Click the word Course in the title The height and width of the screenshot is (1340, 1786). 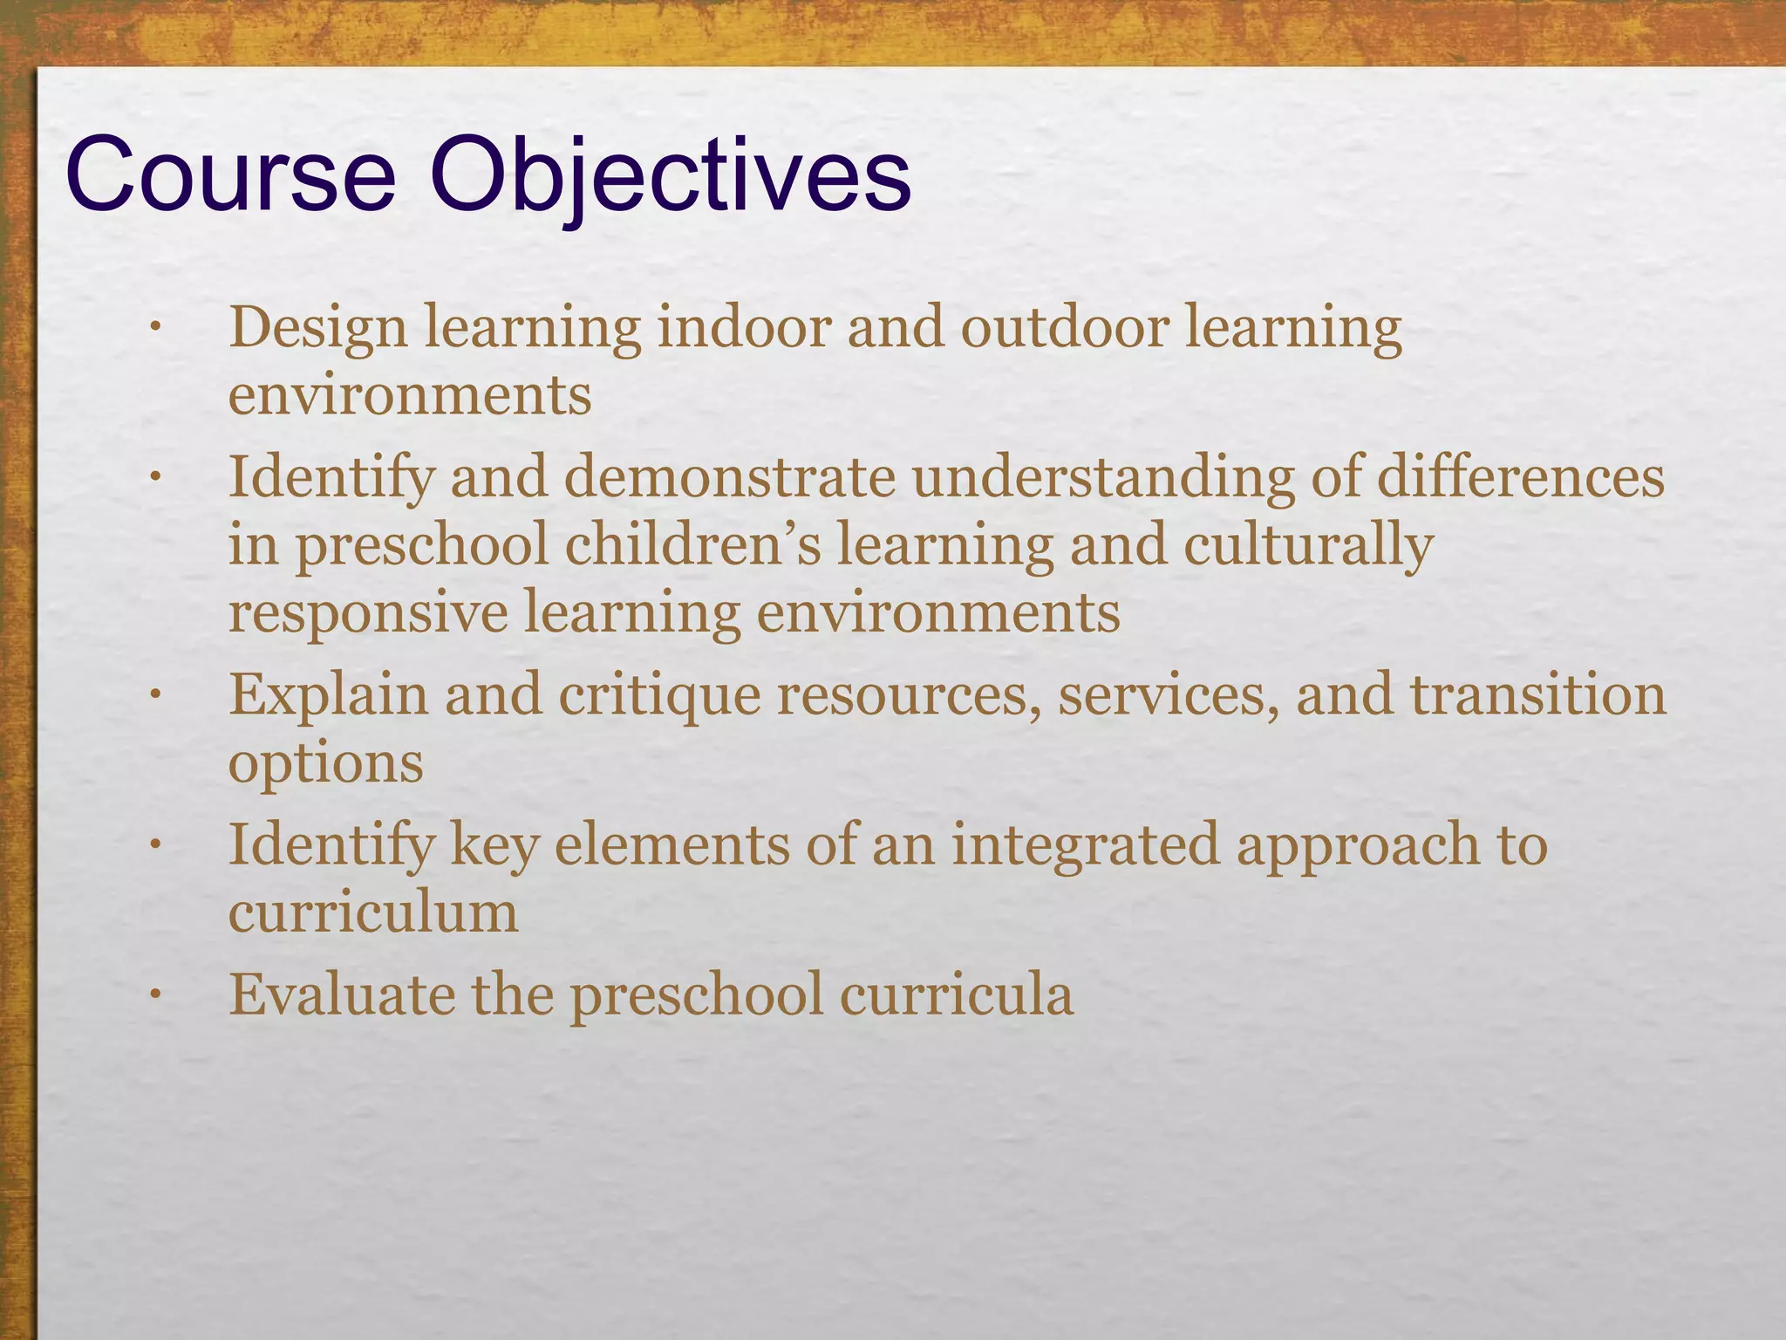(x=230, y=176)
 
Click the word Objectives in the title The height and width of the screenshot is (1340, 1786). (x=670, y=176)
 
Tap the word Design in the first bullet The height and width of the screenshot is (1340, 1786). (x=318, y=330)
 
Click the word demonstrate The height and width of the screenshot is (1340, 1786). (x=730, y=478)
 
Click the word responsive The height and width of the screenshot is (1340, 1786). (x=368, y=613)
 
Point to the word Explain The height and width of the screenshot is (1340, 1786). (x=329, y=695)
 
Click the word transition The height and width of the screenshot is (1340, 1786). (x=1538, y=695)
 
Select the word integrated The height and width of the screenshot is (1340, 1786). (x=1085, y=846)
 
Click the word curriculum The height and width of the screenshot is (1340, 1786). (x=373, y=913)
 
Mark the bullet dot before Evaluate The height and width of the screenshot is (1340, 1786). (x=155, y=995)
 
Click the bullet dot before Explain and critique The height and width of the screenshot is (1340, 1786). (x=155, y=695)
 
